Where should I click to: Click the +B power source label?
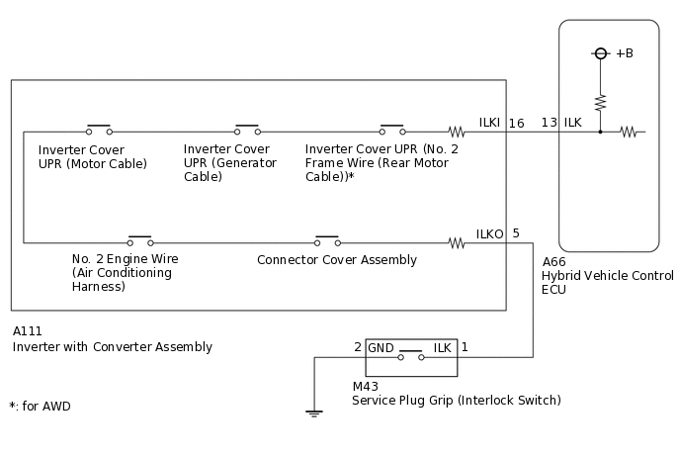pos(624,53)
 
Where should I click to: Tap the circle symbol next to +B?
pos(599,53)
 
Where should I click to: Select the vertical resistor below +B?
pos(599,102)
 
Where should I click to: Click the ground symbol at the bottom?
pos(314,412)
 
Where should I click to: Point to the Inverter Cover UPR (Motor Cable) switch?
pos(98,130)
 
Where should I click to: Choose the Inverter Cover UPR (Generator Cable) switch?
pos(247,130)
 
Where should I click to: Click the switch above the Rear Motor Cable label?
pos(392,130)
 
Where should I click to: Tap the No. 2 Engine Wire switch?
pos(140,240)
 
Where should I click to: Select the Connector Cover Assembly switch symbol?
pos(326,240)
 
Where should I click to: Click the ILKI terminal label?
pos(489,123)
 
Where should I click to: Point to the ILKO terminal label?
pos(490,233)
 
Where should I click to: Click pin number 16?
pos(517,123)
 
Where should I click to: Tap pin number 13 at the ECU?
pos(549,123)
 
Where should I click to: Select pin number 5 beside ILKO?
pos(516,233)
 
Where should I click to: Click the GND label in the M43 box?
pos(382,347)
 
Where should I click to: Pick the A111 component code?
pos(29,331)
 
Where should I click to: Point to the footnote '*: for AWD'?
pos(40,406)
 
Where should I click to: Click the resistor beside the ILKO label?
pos(456,240)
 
